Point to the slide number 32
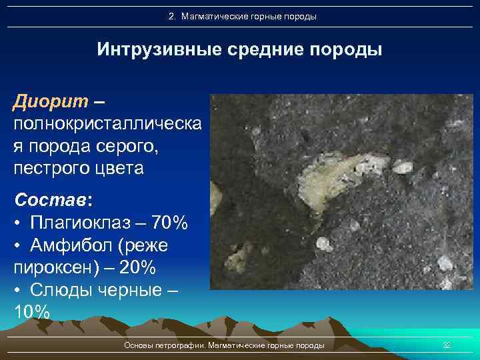[x=447, y=345]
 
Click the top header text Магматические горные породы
[x=247, y=16]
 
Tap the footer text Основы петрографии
[x=165, y=345]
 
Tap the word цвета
[x=120, y=168]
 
